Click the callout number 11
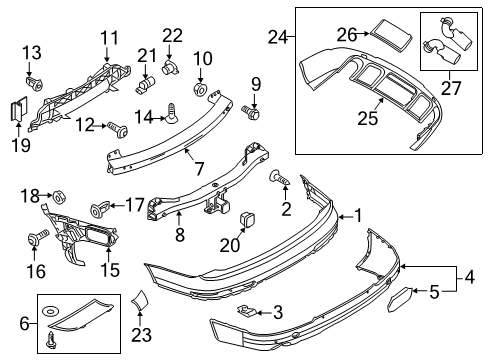tap(110, 38)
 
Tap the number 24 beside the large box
tap(278, 37)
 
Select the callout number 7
tap(199, 168)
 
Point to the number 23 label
tap(141, 335)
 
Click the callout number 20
tap(230, 245)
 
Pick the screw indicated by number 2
tap(279, 178)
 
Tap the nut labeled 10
tap(201, 89)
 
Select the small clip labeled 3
tap(247, 311)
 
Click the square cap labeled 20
tap(247, 220)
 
